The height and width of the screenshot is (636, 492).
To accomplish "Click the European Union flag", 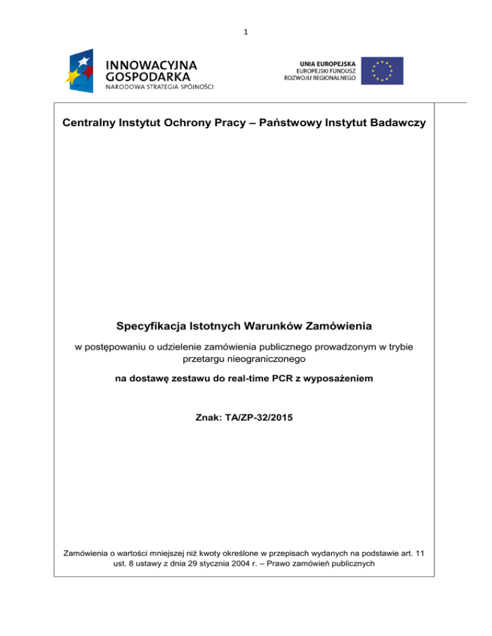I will (382, 70).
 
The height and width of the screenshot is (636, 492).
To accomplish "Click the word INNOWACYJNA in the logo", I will (151, 65).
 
